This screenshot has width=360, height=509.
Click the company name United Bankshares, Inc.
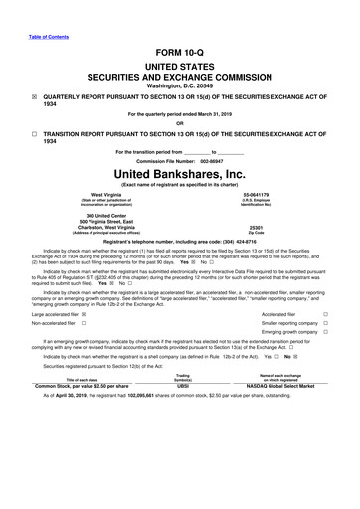[x=179, y=173]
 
